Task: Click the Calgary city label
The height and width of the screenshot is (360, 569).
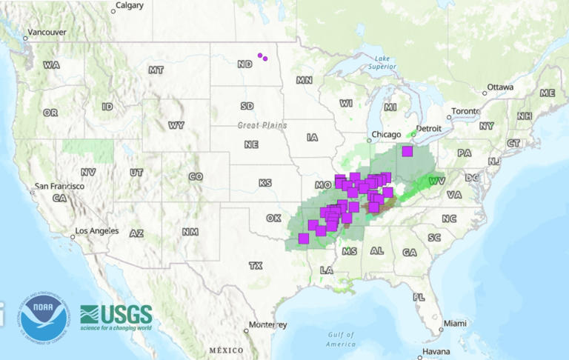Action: pos(130,5)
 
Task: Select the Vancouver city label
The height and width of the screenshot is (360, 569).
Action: pos(46,33)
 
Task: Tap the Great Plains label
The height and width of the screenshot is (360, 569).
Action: pos(262,125)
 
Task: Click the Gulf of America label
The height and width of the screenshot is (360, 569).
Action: pos(340,340)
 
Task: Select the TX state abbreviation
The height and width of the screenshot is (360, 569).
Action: pos(256,265)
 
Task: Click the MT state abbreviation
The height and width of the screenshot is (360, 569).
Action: pos(156,70)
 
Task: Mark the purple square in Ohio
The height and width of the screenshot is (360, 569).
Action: pos(407,151)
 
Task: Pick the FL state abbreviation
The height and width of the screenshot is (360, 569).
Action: pos(419,297)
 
